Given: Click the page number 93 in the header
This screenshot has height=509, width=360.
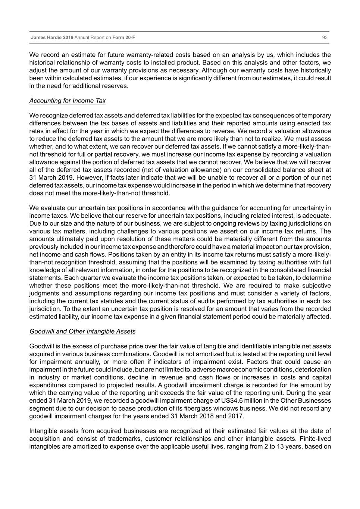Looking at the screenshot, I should coord(325,38).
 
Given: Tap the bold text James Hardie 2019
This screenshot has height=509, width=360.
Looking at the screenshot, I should coord(52,38).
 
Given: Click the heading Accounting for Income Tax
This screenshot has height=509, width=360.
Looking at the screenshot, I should coord(68,101).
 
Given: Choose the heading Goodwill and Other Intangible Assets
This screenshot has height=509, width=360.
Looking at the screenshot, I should coord(82,332).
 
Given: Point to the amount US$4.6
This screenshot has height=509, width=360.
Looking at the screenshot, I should coord(230,400).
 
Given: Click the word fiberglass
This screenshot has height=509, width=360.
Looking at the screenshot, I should coord(213,408).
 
